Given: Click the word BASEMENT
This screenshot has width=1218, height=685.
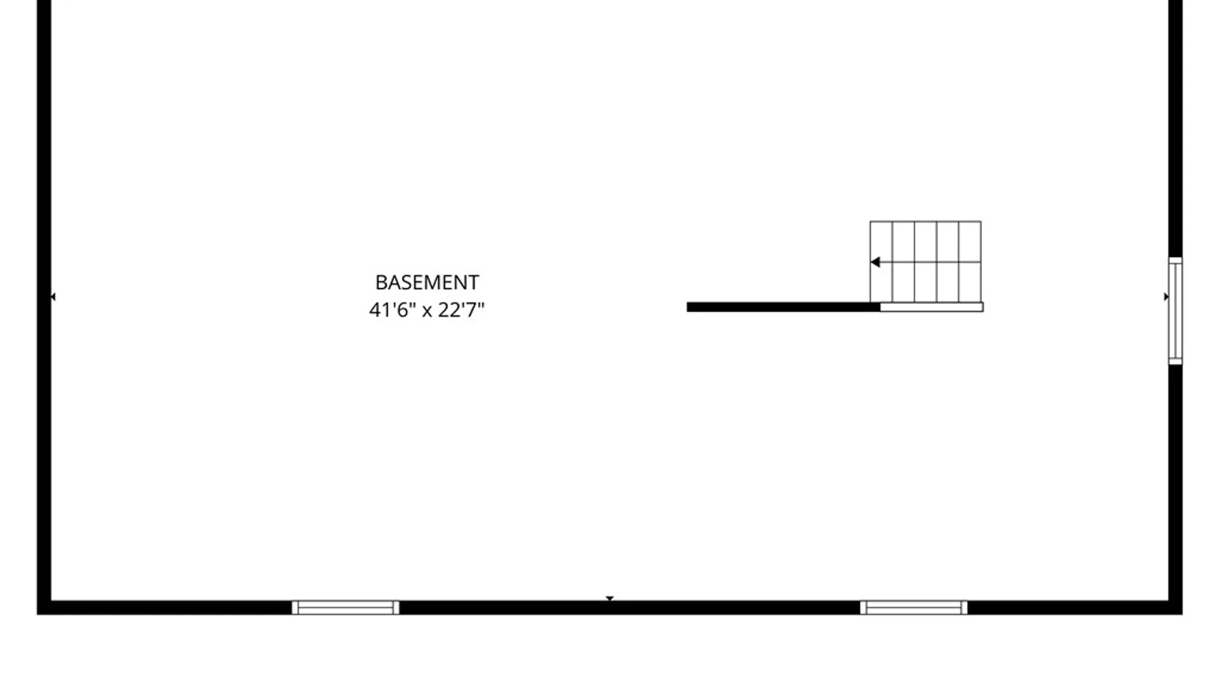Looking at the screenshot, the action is coord(427,282).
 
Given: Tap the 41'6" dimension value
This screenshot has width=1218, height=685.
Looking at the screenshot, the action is coord(393,310).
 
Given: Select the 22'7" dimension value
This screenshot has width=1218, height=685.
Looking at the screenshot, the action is coord(461,310).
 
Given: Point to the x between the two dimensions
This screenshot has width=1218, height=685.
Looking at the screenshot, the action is coord(427,311).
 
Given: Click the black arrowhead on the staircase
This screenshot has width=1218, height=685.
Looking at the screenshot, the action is coord(875,262).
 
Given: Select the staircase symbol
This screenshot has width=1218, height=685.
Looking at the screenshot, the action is coord(926,262).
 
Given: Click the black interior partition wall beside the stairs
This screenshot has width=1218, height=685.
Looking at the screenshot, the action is coord(783,307).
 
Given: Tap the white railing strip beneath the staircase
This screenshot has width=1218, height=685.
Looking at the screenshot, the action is coord(932,307).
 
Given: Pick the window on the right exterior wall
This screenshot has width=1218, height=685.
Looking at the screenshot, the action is coord(1175,311).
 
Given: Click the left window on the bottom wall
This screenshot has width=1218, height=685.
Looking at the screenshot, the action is coord(346,608).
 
